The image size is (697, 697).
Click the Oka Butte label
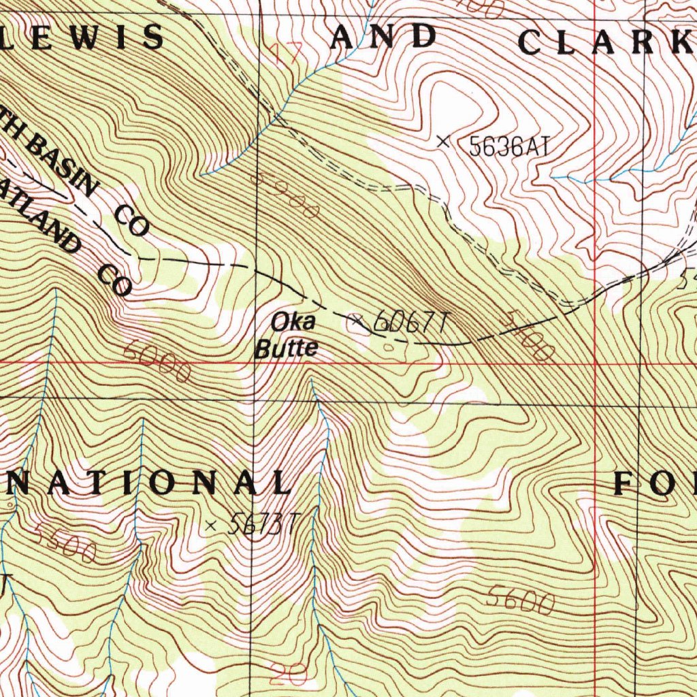(287, 335)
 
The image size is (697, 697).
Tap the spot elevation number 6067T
(412, 322)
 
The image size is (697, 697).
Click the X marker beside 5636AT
(443, 142)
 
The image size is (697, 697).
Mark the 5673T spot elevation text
(262, 524)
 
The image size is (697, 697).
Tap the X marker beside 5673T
(211, 525)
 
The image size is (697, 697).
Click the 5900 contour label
(286, 195)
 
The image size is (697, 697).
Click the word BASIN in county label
(65, 167)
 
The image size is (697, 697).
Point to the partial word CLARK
(606, 42)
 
